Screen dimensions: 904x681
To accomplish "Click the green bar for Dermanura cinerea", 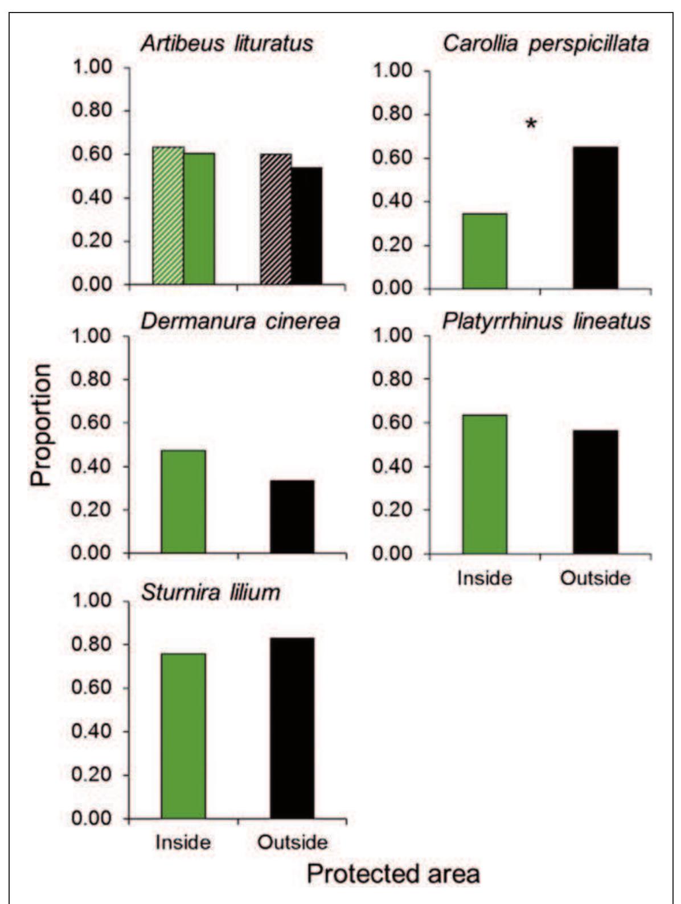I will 183,501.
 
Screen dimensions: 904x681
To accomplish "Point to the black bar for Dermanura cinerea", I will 292,517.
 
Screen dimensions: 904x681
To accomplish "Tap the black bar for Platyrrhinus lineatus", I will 595,492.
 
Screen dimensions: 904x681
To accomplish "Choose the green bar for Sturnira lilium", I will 183,736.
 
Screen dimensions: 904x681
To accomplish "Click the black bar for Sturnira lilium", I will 292,728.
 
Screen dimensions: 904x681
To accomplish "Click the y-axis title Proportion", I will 41,424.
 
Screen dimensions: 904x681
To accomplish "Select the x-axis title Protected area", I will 393,873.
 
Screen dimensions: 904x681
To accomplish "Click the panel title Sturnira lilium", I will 211,592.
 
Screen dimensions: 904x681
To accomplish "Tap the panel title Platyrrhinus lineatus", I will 546,321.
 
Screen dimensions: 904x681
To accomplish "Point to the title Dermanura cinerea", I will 240,321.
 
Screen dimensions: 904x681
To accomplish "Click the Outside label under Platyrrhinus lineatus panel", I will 595,578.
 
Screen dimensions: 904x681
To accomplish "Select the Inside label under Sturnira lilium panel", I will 183,842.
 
